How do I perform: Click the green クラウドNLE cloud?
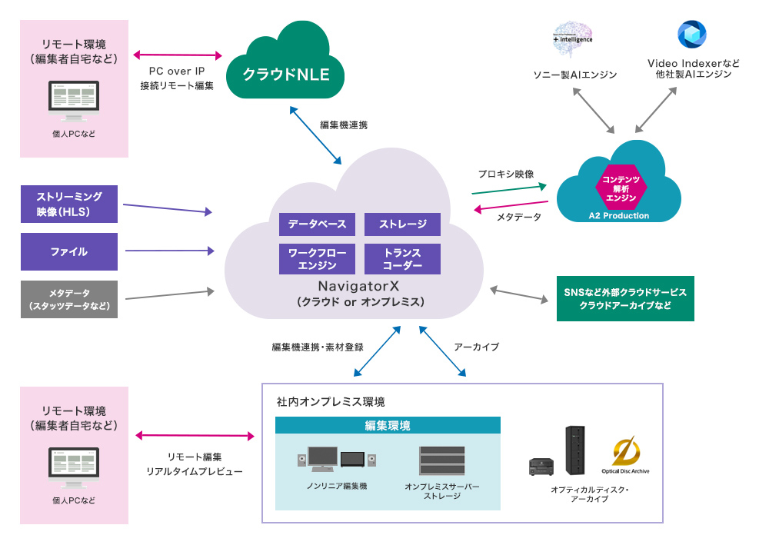(285, 74)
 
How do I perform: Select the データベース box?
(317, 224)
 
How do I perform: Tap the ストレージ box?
(402, 224)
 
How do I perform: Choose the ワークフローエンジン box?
(317, 259)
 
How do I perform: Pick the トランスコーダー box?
(402, 259)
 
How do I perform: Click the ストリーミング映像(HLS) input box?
(69, 204)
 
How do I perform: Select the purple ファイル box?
(69, 251)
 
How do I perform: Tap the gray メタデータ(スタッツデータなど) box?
(69, 299)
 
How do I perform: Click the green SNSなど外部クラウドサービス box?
(624, 299)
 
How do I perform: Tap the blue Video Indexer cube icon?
(691, 35)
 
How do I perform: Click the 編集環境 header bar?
(388, 425)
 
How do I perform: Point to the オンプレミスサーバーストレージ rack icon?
(441, 460)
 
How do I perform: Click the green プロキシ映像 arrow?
(508, 188)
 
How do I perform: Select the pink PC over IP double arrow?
(178, 55)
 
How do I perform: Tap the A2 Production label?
(619, 216)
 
